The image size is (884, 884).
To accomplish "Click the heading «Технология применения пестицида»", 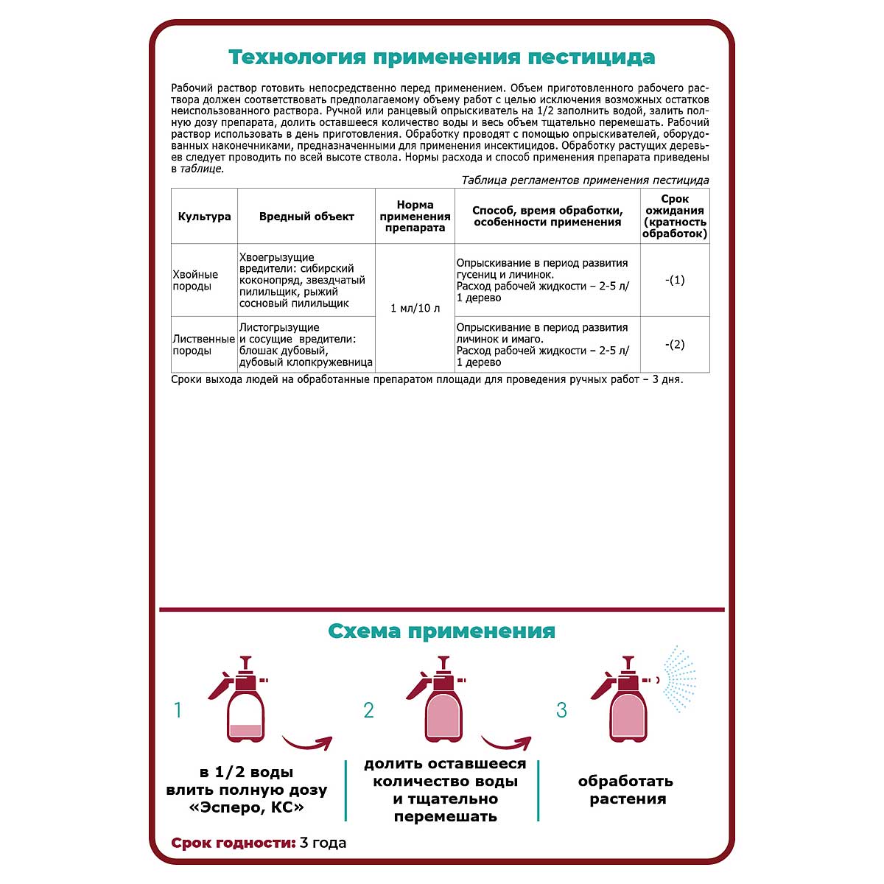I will (x=441, y=57).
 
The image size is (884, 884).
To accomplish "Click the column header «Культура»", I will (x=204, y=217).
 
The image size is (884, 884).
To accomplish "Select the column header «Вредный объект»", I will (x=306, y=217).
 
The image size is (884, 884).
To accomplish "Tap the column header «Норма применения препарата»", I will (x=415, y=217).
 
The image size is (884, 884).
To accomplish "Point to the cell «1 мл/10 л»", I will (x=415, y=308).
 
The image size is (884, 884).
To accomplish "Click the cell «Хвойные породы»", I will (x=195, y=280).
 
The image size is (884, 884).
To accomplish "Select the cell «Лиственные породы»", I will (x=203, y=345).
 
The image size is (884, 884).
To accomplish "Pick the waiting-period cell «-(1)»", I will (x=675, y=280).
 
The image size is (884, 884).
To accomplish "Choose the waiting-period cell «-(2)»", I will (x=675, y=345).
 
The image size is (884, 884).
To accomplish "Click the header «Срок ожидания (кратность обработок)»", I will (x=675, y=217).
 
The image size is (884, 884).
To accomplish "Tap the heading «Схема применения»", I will (x=441, y=631).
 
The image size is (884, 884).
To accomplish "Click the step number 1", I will (x=178, y=710).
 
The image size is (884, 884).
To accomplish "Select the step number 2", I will (x=369, y=710).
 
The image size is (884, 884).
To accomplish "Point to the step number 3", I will (x=561, y=710).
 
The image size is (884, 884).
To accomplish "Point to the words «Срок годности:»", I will (x=234, y=843).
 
